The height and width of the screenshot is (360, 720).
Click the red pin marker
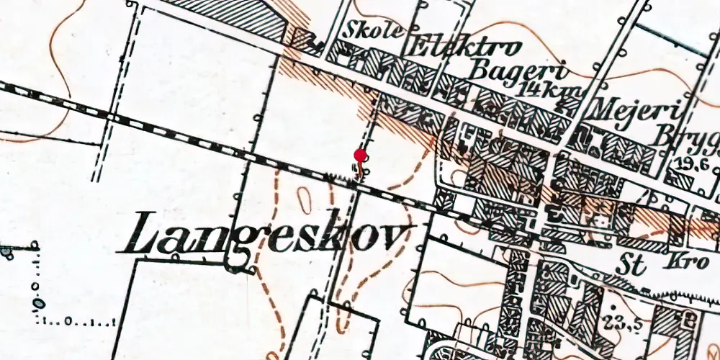coord(360,156)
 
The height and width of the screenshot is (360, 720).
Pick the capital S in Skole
coord(354,30)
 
